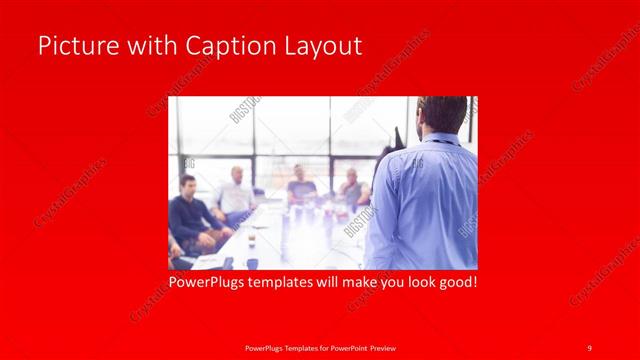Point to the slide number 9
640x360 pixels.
tap(590, 347)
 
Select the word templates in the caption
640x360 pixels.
tap(291, 283)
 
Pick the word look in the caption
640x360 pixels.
tap(415, 283)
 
